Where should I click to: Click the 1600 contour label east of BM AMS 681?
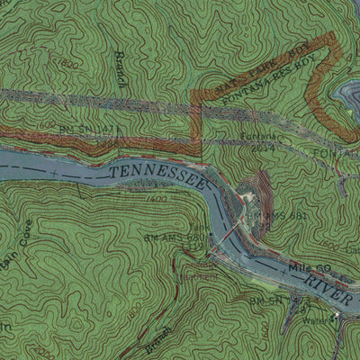(328, 244)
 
